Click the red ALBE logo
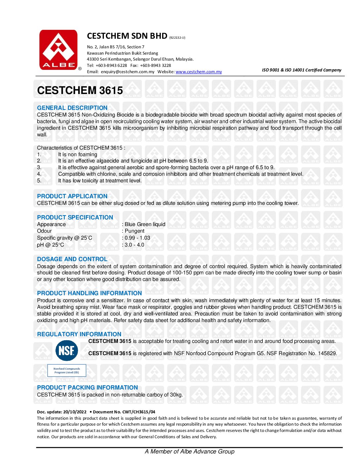pyautogui.click(x=59, y=50)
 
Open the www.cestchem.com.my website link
pyautogui.click(x=199, y=72)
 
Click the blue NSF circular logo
pyautogui.click(x=67, y=350)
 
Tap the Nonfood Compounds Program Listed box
pyautogui.click(x=67, y=371)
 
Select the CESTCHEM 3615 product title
pyautogui.click(x=80, y=90)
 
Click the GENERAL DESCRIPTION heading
pyautogui.click(x=72, y=108)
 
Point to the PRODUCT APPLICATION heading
pyautogui.click(x=72, y=196)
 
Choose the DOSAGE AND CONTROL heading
pyautogui.click(x=72, y=259)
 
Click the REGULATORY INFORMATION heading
pyautogui.click(x=79, y=334)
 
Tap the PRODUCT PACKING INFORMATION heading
pyautogui.click(x=87, y=388)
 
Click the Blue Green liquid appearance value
pyautogui.click(x=145, y=224)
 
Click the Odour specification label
pyautogui.click(x=44, y=231)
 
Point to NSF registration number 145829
pyautogui.click(x=327, y=353)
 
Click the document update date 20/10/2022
pyautogui.click(x=75, y=412)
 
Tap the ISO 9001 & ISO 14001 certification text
pyautogui.click(x=301, y=70)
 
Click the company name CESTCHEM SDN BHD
pyautogui.click(x=127, y=36)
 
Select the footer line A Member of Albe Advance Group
pyautogui.click(x=190, y=451)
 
